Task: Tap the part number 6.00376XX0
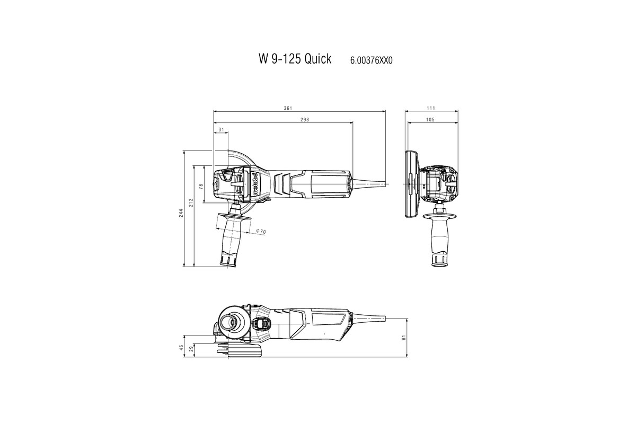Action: click(371, 60)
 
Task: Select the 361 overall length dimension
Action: click(288, 108)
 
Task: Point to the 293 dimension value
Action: click(304, 120)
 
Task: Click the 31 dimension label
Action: click(221, 129)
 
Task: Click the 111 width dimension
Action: click(431, 108)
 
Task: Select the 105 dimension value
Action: click(430, 120)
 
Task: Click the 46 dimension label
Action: click(181, 348)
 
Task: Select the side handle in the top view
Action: click(232, 238)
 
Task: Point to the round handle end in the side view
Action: click(229, 322)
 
